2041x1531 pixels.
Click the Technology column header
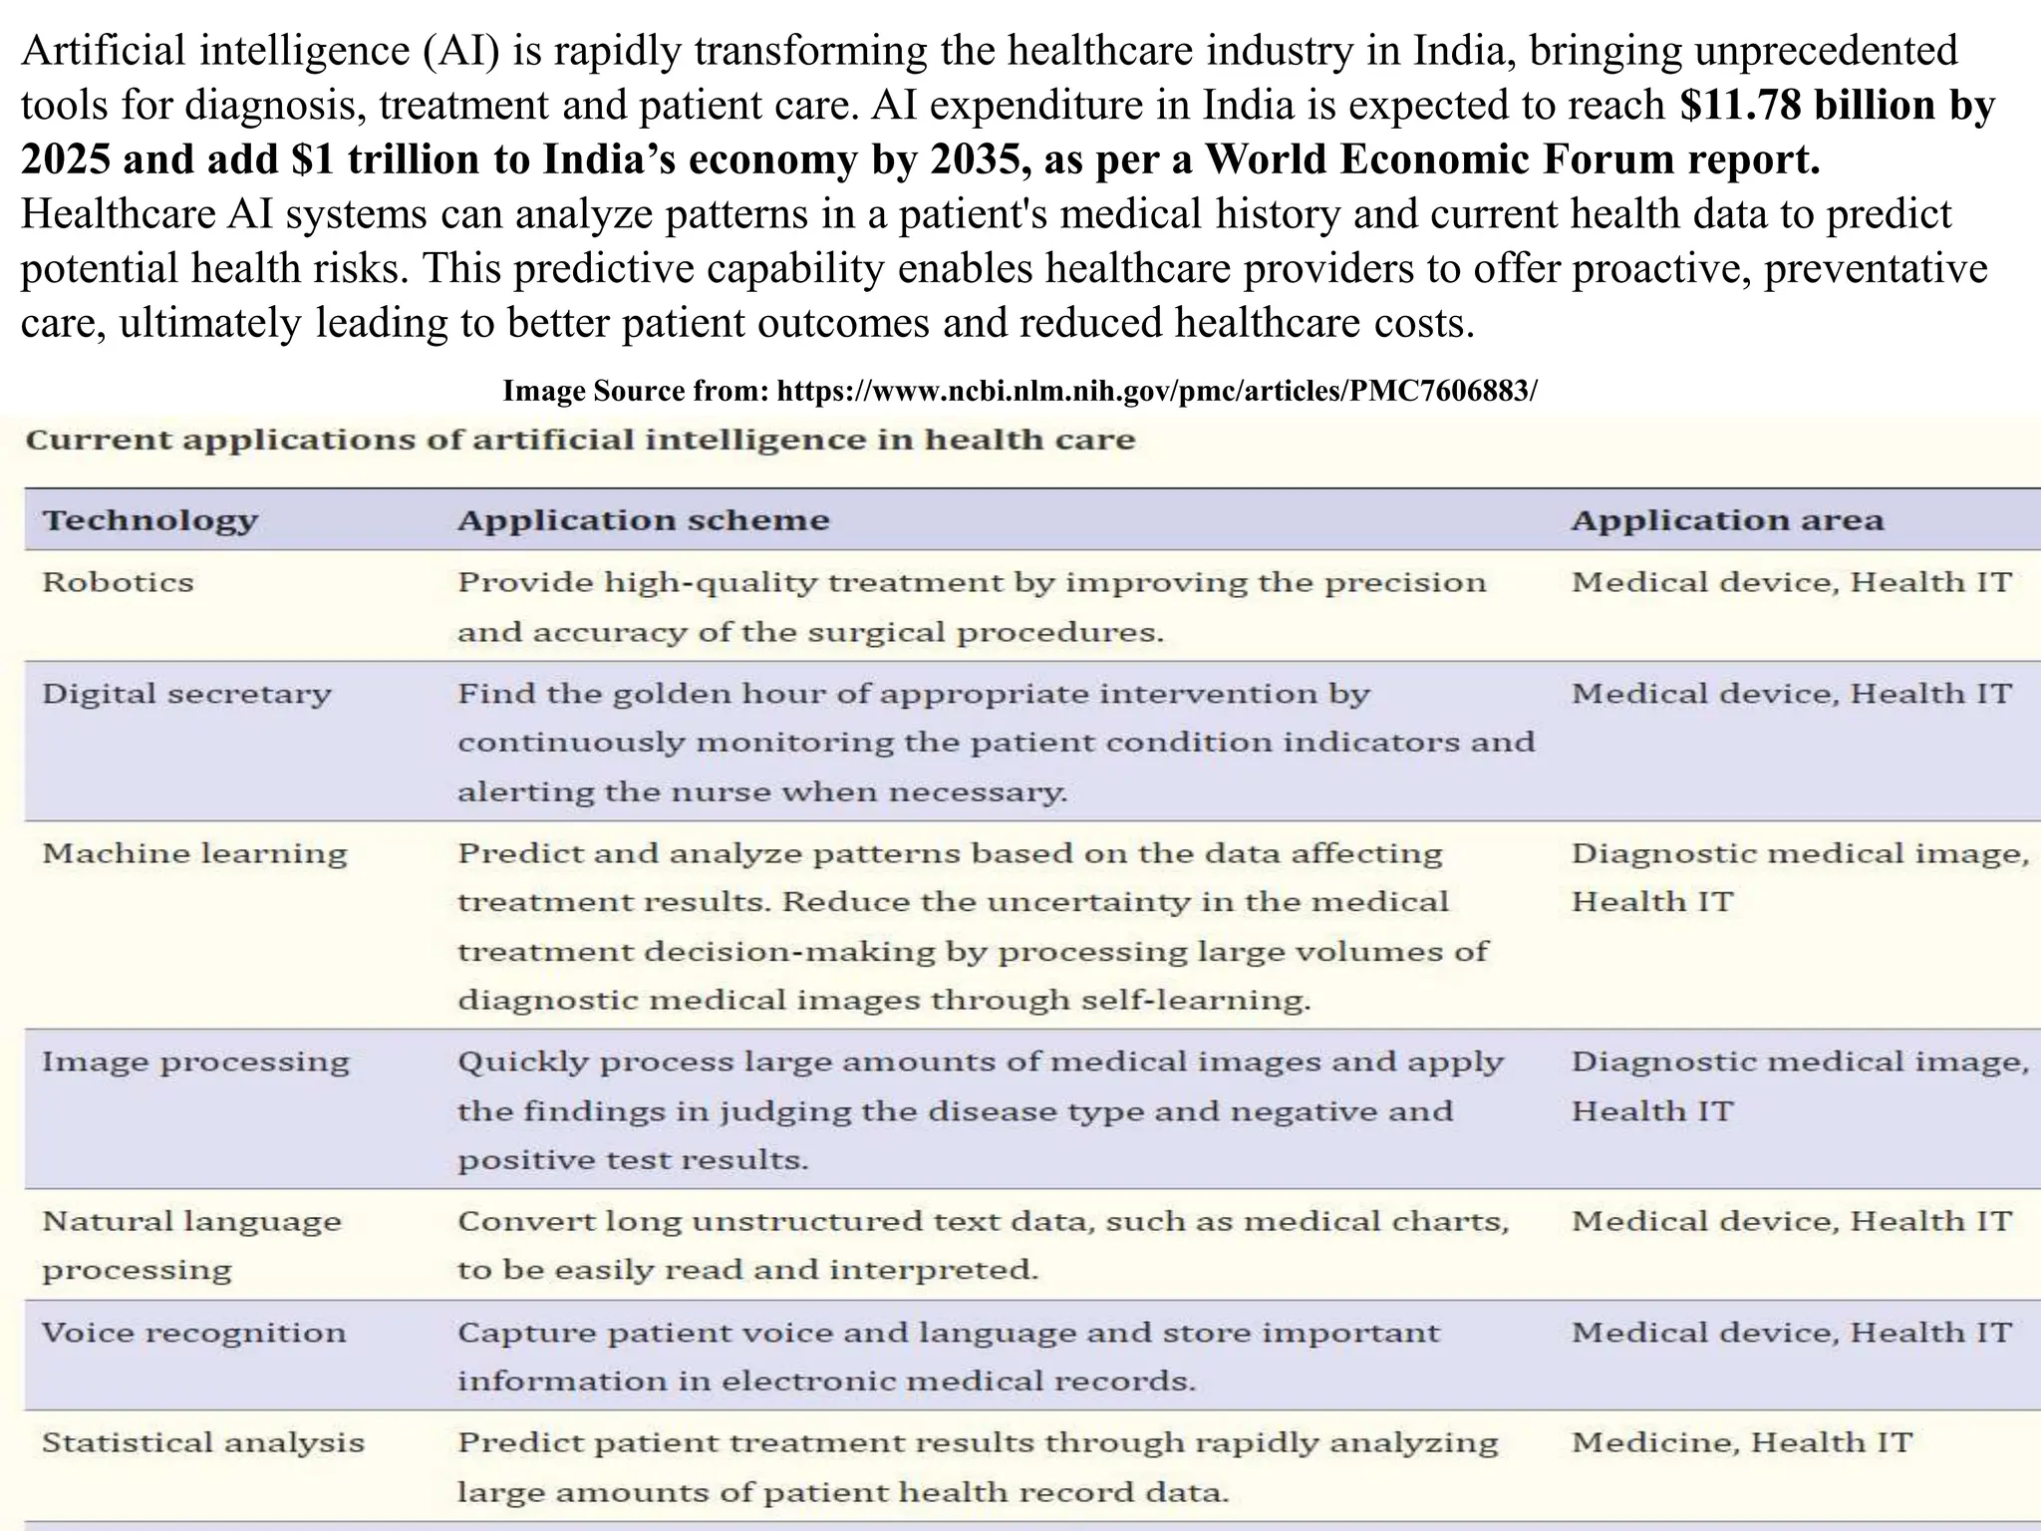[149, 520]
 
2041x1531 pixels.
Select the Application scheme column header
[643, 520]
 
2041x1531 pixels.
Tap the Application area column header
[1727, 520]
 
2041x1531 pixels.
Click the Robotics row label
[118, 582]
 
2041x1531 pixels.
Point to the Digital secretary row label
[186, 694]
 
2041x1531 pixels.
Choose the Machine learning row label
[194, 853]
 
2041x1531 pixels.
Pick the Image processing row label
[195, 1062]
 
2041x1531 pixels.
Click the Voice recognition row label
[193, 1333]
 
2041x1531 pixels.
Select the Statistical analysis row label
[202, 1442]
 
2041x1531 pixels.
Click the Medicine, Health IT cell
[1741, 1442]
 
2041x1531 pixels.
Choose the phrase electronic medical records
[957, 1381]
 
